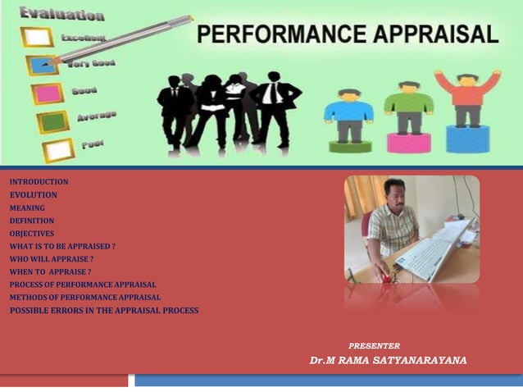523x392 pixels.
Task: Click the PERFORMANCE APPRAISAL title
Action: click(348, 35)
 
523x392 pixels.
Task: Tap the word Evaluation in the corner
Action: click(62, 14)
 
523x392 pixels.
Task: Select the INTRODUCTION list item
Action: click(39, 182)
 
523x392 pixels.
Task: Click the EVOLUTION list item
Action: click(34, 195)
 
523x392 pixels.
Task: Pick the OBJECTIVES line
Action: click(32, 234)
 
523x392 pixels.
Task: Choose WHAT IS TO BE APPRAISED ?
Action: click(62, 246)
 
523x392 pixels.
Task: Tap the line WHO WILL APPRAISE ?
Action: click(52, 259)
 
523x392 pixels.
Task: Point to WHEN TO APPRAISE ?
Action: click(50, 271)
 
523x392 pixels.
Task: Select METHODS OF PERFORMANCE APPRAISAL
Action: click(85, 297)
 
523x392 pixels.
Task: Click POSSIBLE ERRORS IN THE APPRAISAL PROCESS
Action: click(104, 310)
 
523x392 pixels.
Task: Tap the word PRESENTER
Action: click(374, 346)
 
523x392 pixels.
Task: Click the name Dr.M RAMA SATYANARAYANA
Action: click(388, 361)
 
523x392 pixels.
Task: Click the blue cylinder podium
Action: click(467, 139)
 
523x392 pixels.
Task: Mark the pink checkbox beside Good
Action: click(47, 93)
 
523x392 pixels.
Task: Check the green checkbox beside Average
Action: click(52, 122)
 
